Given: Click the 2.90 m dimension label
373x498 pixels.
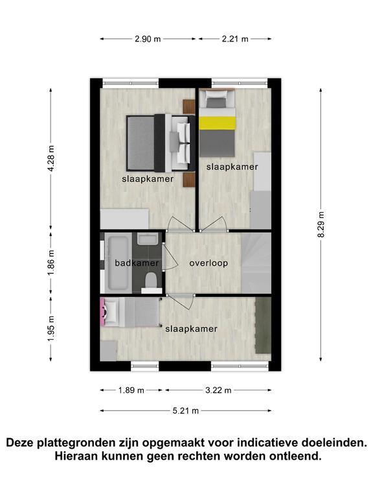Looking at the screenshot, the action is (148, 39).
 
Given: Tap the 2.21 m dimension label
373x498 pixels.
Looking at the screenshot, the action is (235, 39).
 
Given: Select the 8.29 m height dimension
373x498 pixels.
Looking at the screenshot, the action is (321, 224).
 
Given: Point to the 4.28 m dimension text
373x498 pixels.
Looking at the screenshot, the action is (51, 158).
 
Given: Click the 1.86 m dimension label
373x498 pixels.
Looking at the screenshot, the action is (51, 263).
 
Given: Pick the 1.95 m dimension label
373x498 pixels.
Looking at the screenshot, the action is (51, 329).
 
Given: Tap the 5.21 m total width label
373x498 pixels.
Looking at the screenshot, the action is (186, 411).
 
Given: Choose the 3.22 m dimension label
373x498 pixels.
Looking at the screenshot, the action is (218, 390).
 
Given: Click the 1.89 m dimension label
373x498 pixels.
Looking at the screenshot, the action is (131, 390).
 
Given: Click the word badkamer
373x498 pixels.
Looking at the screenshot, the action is (137, 263).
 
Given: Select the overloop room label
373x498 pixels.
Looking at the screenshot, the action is (209, 263).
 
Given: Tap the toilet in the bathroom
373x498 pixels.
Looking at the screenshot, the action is (152, 283).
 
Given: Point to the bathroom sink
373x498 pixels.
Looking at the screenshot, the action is (148, 239).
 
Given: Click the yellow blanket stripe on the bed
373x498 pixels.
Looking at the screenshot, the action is (218, 123).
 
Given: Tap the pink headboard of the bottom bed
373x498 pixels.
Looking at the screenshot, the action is (103, 312).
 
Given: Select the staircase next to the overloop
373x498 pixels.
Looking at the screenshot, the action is (256, 263).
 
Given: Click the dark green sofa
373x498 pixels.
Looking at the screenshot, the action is (264, 325).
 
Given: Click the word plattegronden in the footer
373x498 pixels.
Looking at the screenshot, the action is (76, 443).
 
